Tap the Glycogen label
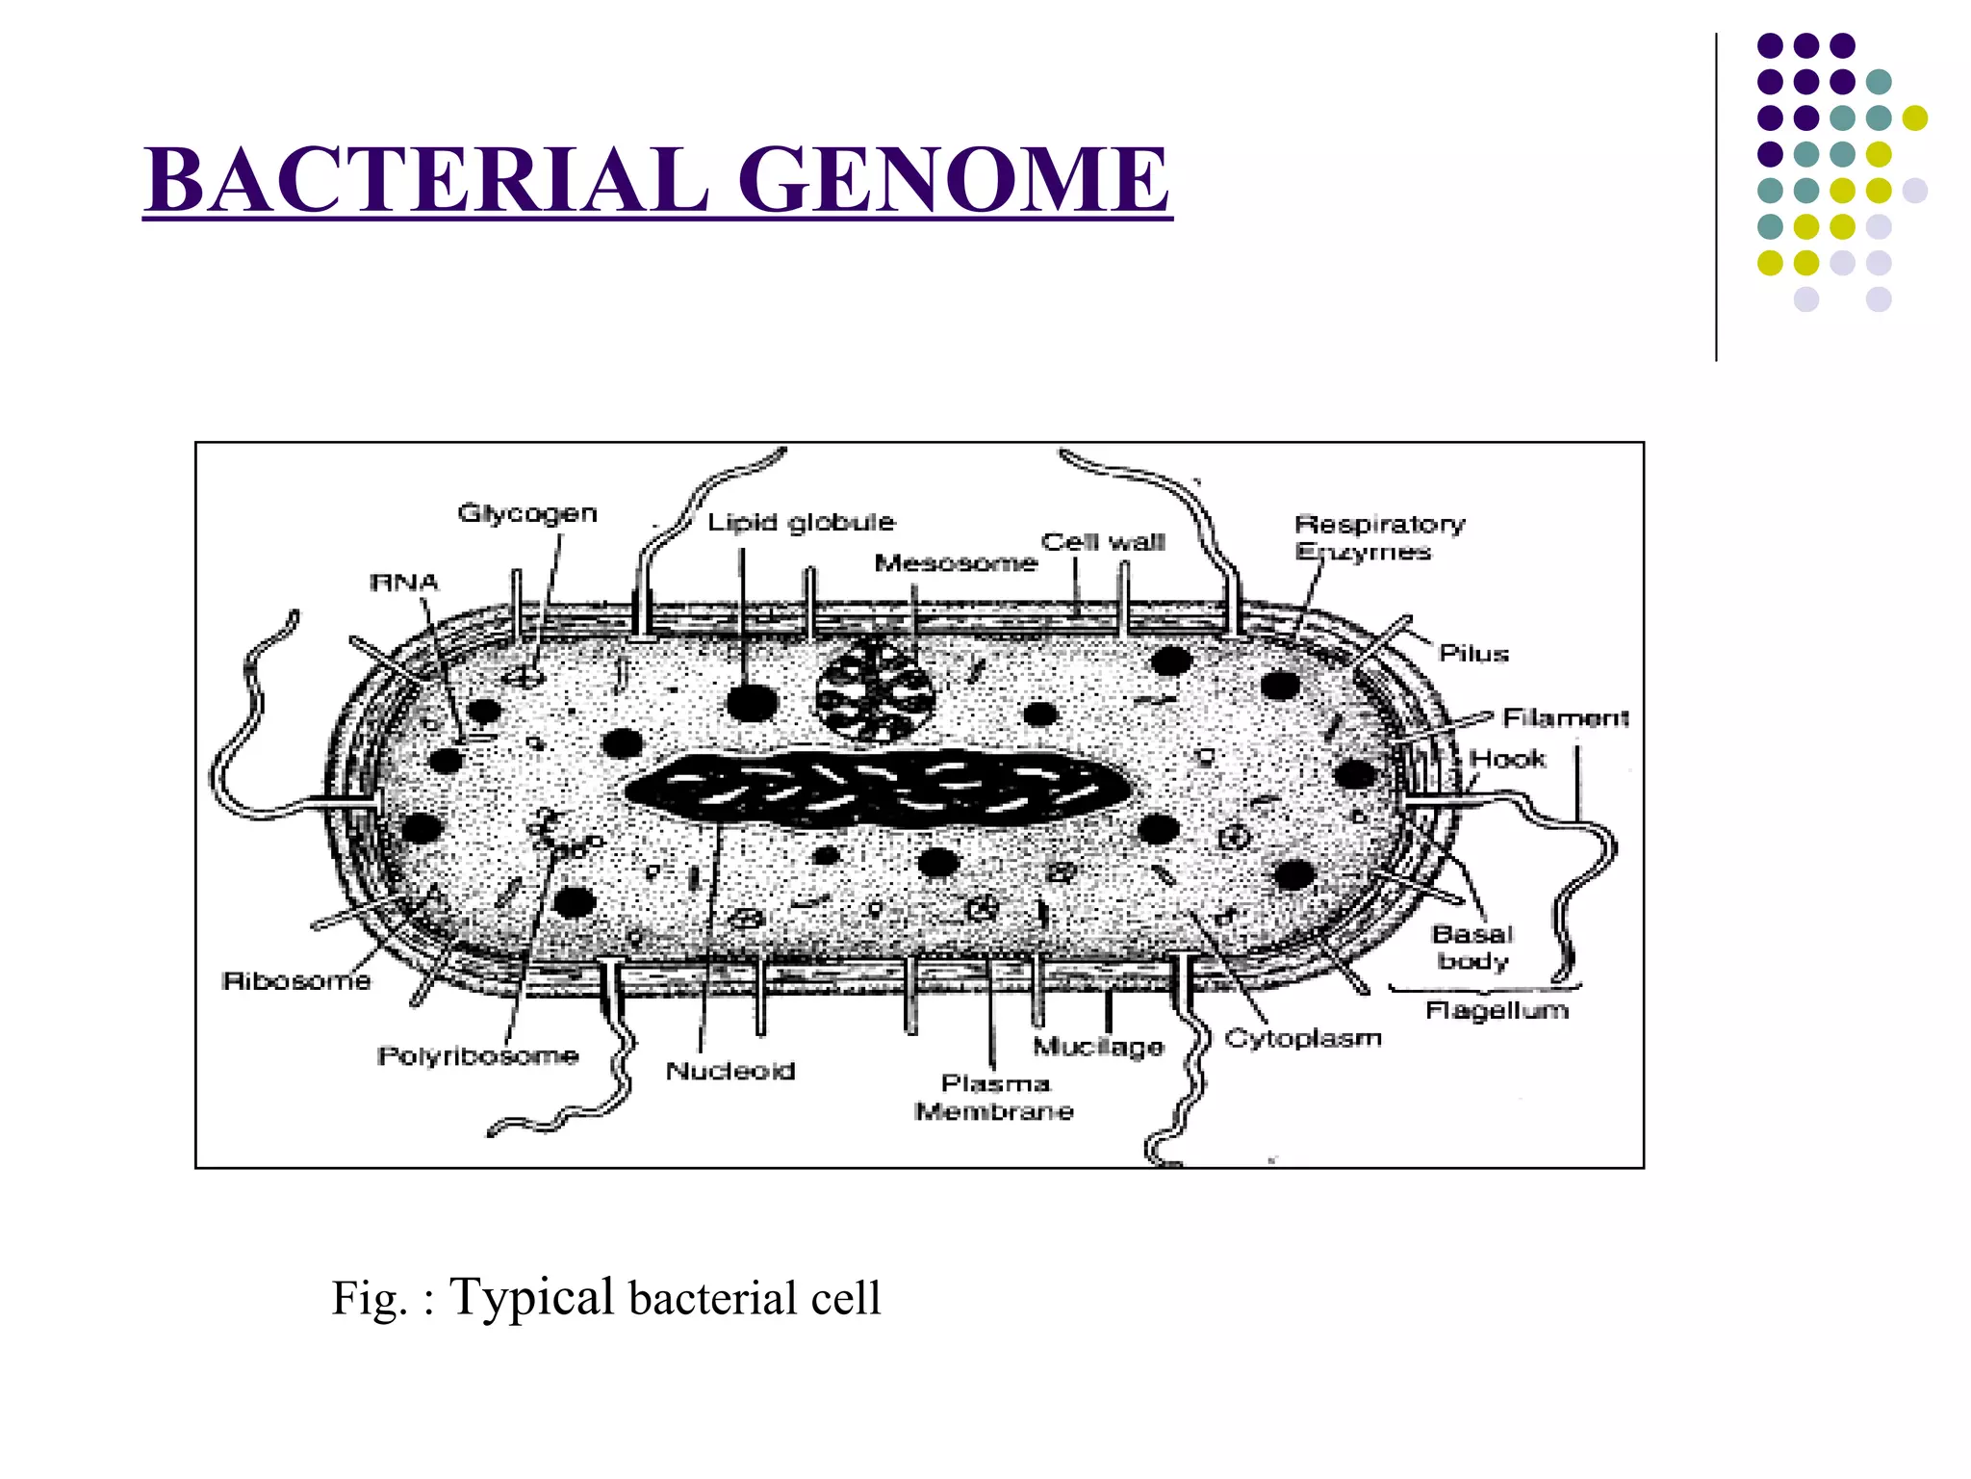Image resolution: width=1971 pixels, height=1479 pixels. coord(527,513)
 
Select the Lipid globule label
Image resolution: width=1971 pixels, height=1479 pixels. coord(801,523)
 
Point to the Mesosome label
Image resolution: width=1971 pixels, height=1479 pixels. coord(956,563)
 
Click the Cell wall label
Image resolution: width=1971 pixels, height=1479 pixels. coord(1103,542)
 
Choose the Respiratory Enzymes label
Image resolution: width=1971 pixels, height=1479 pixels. coord(1379,538)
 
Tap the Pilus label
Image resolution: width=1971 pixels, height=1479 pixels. coord(1473,654)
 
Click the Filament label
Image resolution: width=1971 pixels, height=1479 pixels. coord(1566,718)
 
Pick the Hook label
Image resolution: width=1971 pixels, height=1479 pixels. coord(1508,759)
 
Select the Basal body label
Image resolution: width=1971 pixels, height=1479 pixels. coord(1472,947)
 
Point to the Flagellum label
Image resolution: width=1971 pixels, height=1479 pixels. coord(1497,1010)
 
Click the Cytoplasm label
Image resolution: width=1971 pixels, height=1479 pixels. coord(1303,1038)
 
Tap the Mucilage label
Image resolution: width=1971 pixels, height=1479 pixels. coord(1098,1047)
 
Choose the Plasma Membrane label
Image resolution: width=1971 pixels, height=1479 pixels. coord(994,1098)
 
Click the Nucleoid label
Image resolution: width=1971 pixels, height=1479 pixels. coord(730,1071)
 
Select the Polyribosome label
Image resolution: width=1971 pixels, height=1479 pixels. coord(478,1056)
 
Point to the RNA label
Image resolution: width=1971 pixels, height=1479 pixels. coord(404,583)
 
